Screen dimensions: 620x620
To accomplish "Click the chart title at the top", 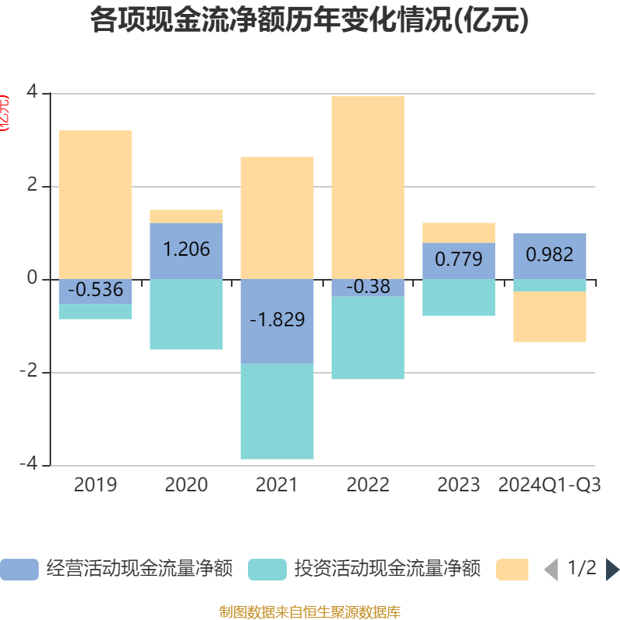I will click(310, 20).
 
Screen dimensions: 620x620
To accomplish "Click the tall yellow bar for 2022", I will click(367, 187).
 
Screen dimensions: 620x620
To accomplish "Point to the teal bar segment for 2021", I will click(277, 412).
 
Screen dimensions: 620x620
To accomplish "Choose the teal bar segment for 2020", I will click(186, 314).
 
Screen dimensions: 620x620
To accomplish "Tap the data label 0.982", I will click(549, 255).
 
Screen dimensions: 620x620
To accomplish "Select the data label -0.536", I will click(95, 290).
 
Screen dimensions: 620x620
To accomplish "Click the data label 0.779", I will click(459, 260).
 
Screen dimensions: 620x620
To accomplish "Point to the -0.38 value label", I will click(367, 287).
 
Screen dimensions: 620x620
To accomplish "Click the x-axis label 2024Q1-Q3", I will click(549, 485).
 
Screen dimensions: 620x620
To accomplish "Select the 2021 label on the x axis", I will click(277, 485).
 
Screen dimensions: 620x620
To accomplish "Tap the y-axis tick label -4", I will click(31, 465).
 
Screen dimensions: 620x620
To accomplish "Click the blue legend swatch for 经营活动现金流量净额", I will click(19, 570).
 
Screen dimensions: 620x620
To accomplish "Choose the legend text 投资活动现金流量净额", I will click(387, 569).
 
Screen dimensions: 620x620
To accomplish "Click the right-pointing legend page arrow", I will click(611, 570).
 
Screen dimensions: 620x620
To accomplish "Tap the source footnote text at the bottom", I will click(310, 612).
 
